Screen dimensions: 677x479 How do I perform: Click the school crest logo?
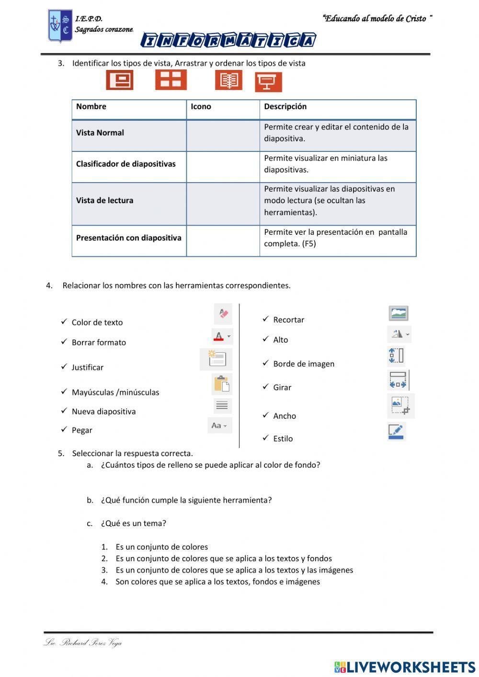pyautogui.click(x=60, y=26)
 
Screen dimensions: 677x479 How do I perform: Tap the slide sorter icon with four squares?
pyautogui.click(x=171, y=80)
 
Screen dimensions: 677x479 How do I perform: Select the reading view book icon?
pyautogui.click(x=228, y=80)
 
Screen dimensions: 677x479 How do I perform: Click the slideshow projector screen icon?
pyautogui.click(x=268, y=82)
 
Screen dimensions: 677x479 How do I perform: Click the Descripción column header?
pyautogui.click(x=285, y=107)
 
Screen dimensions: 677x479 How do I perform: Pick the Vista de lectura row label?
pyautogui.click(x=104, y=201)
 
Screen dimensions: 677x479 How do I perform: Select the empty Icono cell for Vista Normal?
pyautogui.click(x=223, y=136)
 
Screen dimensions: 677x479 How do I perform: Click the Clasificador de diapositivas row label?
pyautogui.click(x=125, y=164)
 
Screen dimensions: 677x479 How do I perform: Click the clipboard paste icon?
pyautogui.click(x=221, y=384)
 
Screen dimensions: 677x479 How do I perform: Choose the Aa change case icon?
pyautogui.click(x=219, y=425)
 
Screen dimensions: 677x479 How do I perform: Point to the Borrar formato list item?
pyautogui.click(x=99, y=343)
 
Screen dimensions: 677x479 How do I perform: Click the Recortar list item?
pyautogui.click(x=288, y=320)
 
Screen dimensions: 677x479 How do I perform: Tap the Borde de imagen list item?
pyautogui.click(x=304, y=364)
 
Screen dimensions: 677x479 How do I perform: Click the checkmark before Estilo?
pyautogui.click(x=266, y=438)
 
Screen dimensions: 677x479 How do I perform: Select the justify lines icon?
pyautogui.click(x=222, y=406)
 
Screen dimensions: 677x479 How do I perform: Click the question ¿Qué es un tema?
pyautogui.click(x=133, y=524)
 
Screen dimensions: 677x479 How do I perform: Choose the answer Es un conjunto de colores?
pyautogui.click(x=161, y=547)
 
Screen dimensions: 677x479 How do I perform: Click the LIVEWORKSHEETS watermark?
pyautogui.click(x=405, y=666)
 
